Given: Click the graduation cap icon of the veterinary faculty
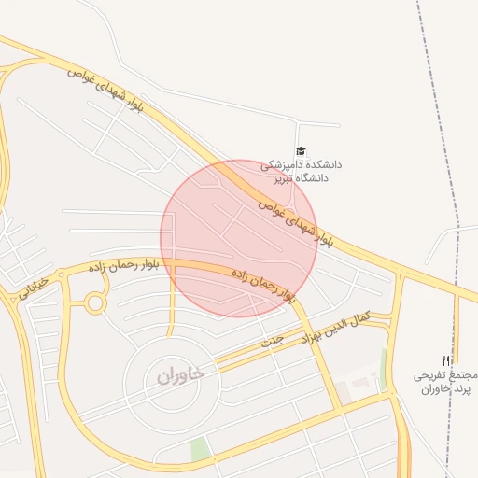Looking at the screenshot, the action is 301,150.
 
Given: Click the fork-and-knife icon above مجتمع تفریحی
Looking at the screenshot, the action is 446,360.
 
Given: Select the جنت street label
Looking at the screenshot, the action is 271,341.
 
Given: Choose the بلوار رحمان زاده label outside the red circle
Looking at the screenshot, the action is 124,265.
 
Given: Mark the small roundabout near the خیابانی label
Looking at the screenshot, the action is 94,302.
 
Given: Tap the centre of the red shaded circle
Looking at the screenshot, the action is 239,238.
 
